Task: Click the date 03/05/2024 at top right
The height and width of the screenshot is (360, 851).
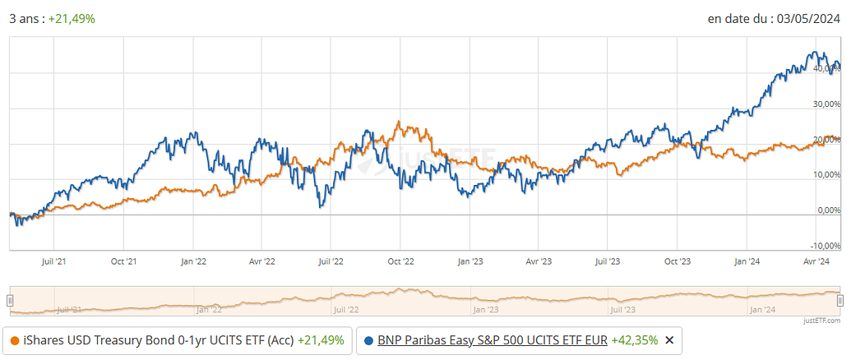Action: (810, 19)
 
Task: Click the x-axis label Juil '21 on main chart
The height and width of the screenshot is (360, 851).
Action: (53, 261)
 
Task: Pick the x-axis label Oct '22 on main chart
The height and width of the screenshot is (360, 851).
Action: (400, 261)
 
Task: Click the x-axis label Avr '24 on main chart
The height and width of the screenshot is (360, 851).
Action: (816, 261)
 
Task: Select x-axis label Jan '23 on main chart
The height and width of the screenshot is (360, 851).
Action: (469, 261)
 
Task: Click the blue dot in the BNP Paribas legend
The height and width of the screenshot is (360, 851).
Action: (368, 340)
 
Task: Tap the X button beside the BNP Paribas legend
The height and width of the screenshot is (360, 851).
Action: (669, 340)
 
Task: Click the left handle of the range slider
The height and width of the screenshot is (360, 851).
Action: (11, 301)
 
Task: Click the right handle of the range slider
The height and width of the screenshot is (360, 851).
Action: (840, 301)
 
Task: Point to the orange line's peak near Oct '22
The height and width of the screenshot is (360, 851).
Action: (398, 122)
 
